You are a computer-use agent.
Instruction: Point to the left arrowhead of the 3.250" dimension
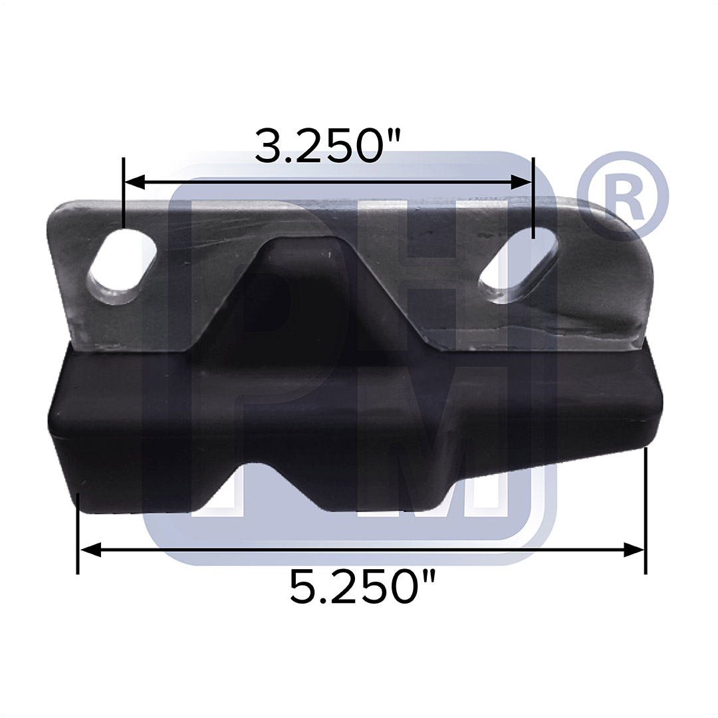[x=134, y=181]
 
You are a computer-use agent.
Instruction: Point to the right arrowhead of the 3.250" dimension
[x=522, y=181]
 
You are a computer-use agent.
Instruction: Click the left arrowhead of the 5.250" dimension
[x=90, y=549]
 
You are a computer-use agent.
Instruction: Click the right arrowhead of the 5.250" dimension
[x=634, y=549]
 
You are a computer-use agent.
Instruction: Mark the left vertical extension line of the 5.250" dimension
[x=78, y=533]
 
